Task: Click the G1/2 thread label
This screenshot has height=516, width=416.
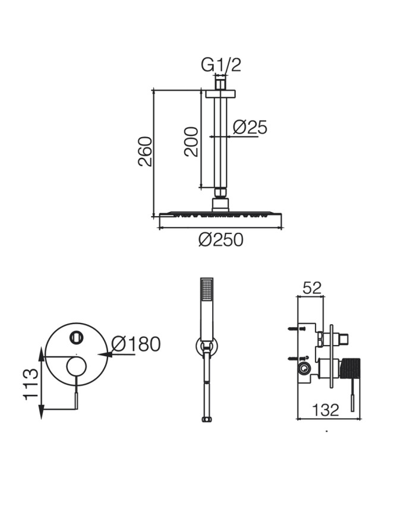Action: click(x=221, y=65)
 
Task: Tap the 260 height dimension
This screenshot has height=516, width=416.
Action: click(x=145, y=151)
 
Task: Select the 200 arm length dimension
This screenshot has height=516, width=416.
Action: click(x=191, y=142)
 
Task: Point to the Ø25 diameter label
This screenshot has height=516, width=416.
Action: click(x=250, y=127)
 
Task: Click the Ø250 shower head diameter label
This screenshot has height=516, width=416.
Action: click(x=220, y=239)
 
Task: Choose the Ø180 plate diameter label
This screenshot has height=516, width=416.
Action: click(x=136, y=344)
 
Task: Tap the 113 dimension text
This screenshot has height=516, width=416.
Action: click(x=31, y=384)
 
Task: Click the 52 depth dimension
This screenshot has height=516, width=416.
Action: click(x=312, y=288)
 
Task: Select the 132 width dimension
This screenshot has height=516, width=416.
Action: click(x=325, y=410)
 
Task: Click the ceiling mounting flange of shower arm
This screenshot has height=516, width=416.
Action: click(x=220, y=93)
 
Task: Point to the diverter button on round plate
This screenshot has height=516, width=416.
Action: click(x=77, y=337)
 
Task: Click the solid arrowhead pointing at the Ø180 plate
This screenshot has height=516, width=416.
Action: click(x=105, y=354)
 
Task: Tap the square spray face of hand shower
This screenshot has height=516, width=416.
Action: click(x=207, y=289)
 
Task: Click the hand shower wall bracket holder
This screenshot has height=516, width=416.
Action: click(x=207, y=346)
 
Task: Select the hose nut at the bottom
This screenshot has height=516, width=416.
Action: click(x=207, y=419)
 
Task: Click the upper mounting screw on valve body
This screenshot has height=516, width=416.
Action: click(x=297, y=328)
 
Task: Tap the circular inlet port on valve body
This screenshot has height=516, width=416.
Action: click(x=304, y=368)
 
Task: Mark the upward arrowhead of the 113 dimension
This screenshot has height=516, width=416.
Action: click(x=41, y=354)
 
